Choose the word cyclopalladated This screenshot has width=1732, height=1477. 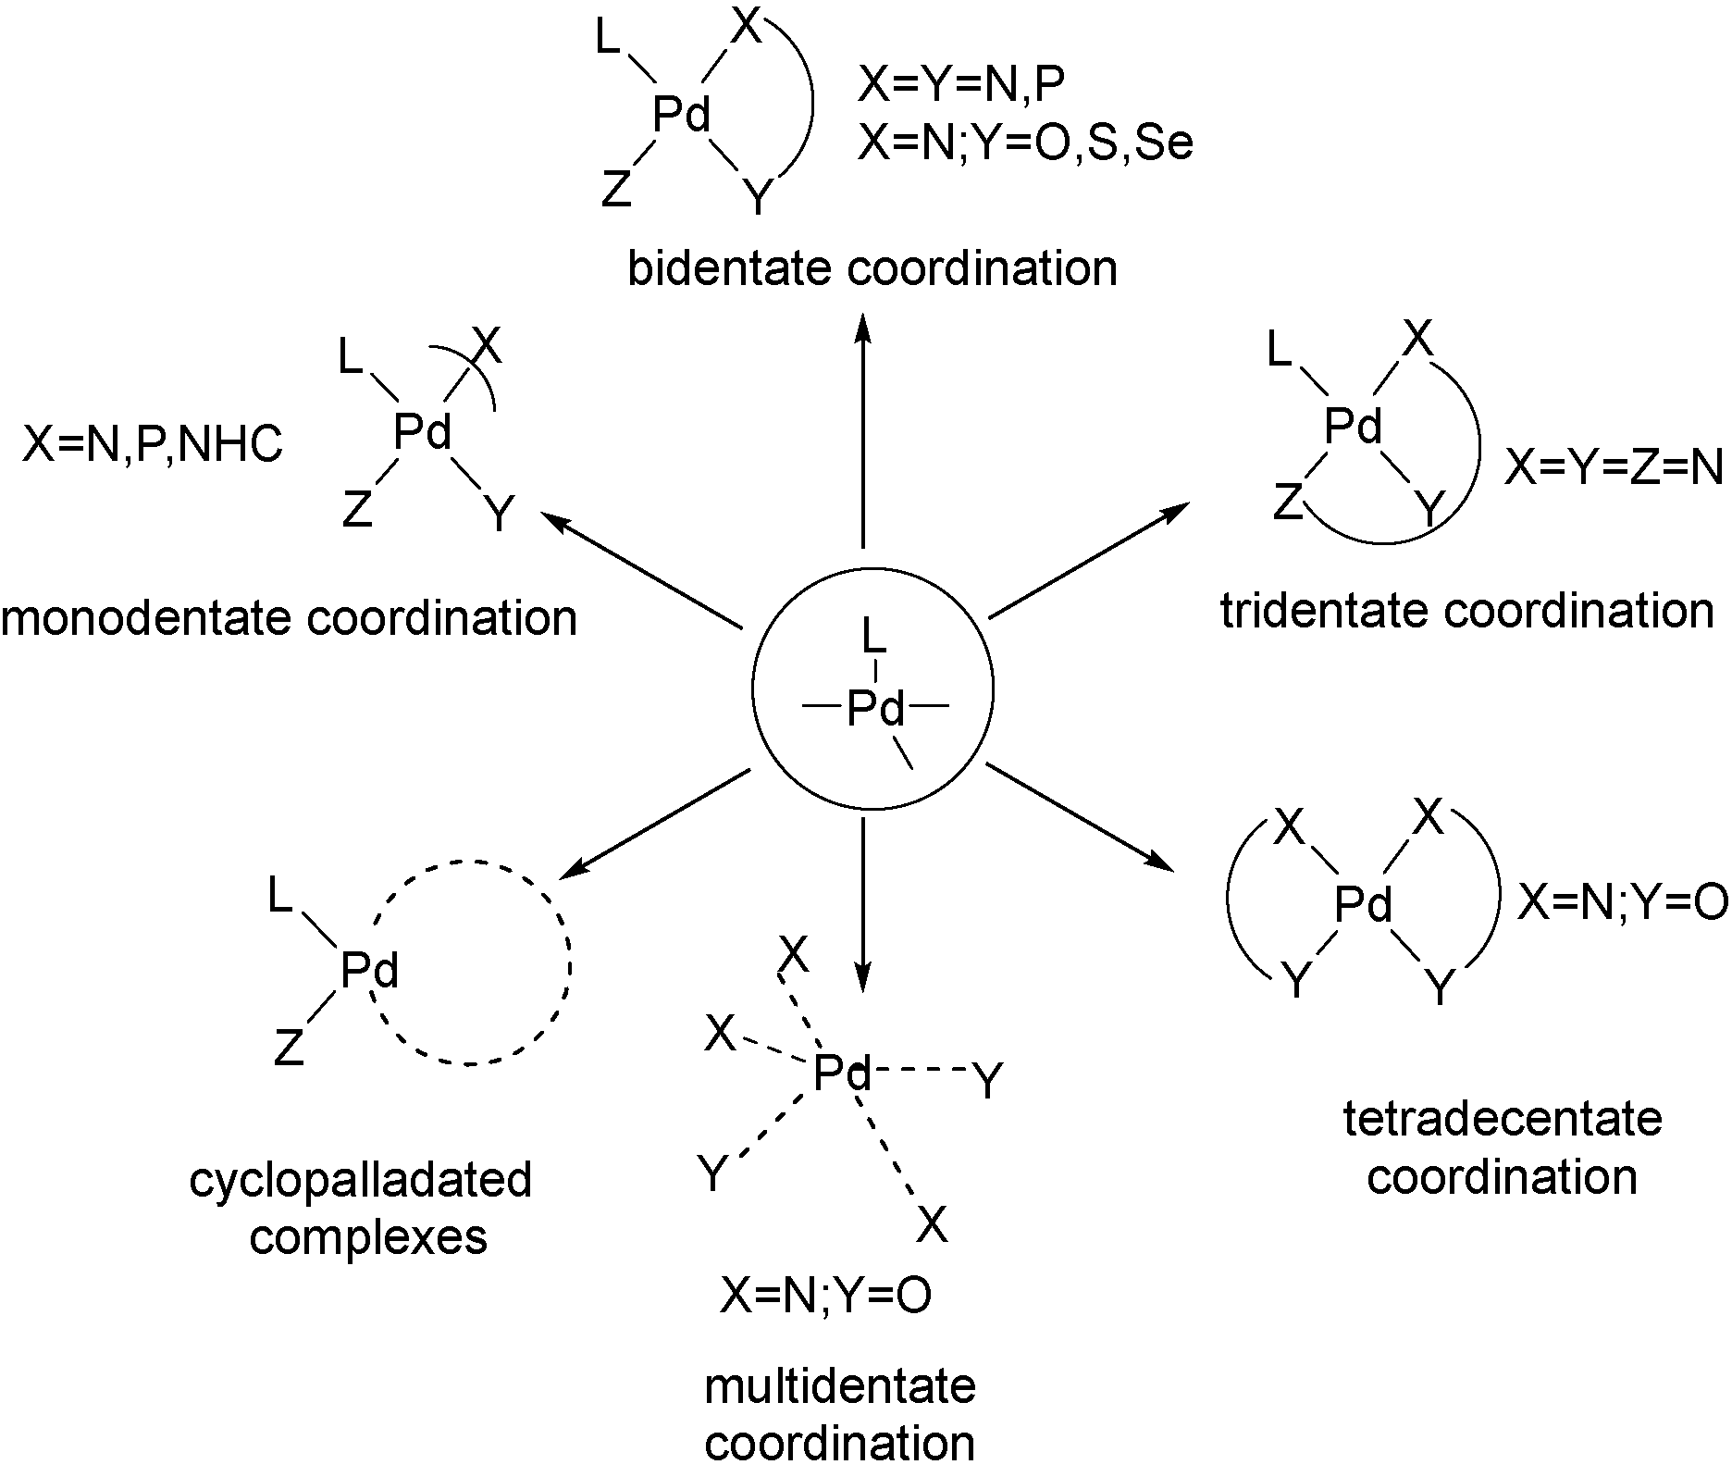[361, 1179]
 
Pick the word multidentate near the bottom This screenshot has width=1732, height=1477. [839, 1386]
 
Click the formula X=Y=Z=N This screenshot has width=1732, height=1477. [1613, 468]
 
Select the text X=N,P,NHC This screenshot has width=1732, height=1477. [152, 446]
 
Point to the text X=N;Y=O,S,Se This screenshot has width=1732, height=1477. [1025, 143]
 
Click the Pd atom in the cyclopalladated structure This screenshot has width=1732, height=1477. [369, 971]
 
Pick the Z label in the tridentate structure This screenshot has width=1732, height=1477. [1287, 504]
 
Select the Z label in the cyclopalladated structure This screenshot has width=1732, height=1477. [289, 1049]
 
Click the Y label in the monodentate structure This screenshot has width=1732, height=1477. [500, 515]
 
